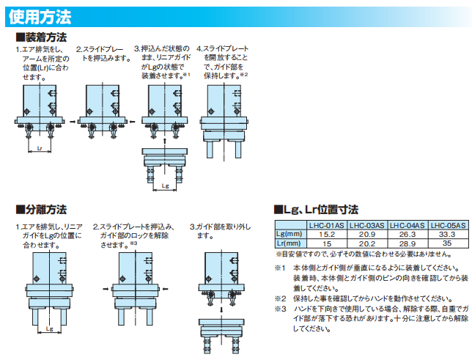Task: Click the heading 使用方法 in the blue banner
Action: tap(40, 17)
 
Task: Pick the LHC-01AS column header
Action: tap(327, 225)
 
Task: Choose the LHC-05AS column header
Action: tap(448, 225)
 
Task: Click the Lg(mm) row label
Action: tap(290, 234)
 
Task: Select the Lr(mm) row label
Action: tap(289, 243)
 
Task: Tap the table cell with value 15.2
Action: tap(327, 235)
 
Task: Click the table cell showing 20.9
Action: tap(367, 235)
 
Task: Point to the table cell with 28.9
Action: tap(408, 243)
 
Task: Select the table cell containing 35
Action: tap(447, 243)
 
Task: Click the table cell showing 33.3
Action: tap(447, 234)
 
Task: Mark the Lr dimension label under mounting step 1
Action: tap(40, 148)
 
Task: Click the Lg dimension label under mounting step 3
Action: tap(165, 186)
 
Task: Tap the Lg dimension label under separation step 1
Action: tap(50, 328)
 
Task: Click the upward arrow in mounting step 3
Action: tap(164, 142)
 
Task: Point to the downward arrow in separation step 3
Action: tap(221, 310)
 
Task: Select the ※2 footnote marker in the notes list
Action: tap(280, 298)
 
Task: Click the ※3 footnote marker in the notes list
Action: tap(280, 309)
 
